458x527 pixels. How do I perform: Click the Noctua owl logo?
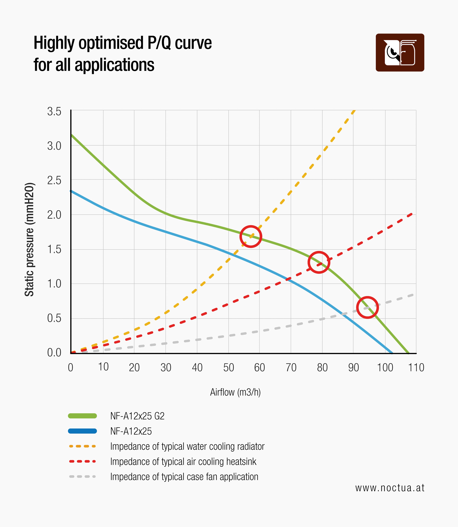400,52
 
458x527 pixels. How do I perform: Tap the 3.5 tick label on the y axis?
54,112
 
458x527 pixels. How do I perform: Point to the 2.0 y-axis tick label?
54,215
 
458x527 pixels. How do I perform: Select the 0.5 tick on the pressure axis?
54,318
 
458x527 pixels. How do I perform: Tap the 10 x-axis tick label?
103,367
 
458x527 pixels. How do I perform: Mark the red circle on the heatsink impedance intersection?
319,262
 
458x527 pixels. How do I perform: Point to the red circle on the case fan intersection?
367,307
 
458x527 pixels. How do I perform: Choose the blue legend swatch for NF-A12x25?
82,431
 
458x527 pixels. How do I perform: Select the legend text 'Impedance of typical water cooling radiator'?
187,446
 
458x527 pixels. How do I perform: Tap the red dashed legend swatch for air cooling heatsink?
82,462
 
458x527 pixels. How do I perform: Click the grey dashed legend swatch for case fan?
82,477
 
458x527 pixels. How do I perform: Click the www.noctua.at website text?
390,488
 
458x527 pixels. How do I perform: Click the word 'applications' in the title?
114,65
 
